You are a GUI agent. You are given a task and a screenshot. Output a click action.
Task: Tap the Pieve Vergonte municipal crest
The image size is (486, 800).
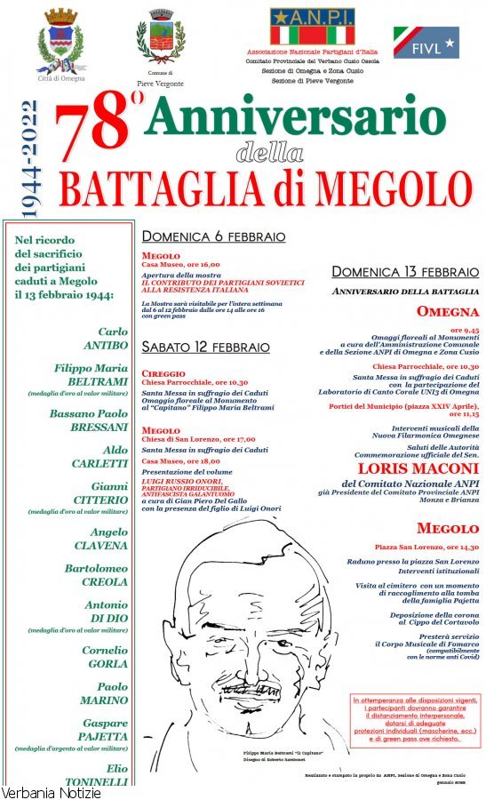coord(160,38)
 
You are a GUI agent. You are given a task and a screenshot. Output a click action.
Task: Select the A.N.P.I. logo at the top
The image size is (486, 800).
coord(312,27)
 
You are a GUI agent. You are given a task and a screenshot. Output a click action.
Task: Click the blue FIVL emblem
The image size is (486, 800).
coord(426,41)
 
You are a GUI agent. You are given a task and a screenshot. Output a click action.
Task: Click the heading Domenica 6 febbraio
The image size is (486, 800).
coord(213,237)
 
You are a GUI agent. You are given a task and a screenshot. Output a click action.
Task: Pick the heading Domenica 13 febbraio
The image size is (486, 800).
coord(405,272)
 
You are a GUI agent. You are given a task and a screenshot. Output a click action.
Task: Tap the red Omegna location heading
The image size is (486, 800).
coord(448,312)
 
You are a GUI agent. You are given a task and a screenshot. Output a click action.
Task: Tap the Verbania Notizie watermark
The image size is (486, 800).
coord(51,792)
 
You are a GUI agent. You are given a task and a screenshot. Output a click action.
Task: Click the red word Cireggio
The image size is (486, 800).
coord(163,374)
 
